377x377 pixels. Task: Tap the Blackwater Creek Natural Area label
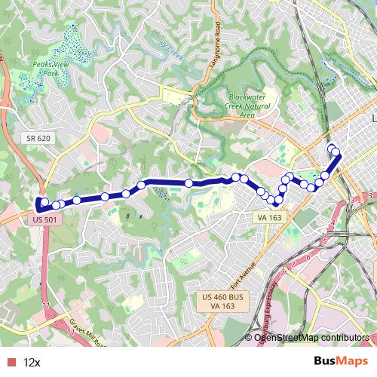click(x=251, y=105)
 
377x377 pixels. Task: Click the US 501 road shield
click(x=45, y=219)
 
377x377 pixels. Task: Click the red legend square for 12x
click(x=10, y=362)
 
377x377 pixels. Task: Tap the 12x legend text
click(x=32, y=362)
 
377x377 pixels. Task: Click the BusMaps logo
click(x=342, y=361)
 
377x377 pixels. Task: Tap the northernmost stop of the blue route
click(x=332, y=149)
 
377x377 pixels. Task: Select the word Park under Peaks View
click(x=51, y=75)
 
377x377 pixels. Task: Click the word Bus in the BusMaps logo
click(x=326, y=361)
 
